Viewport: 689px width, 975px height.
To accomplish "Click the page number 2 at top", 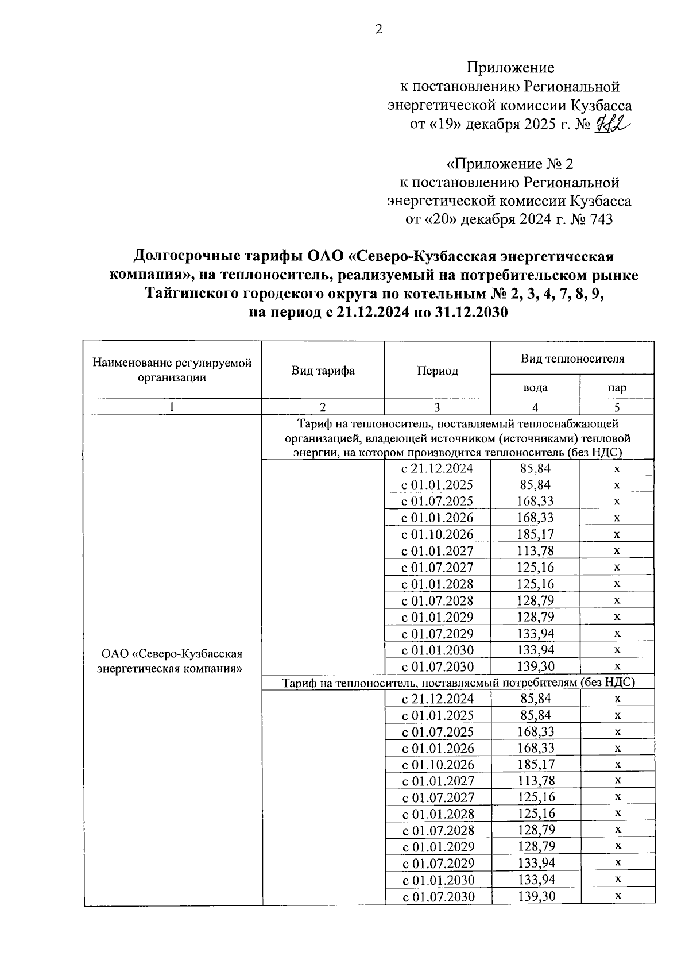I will (378, 30).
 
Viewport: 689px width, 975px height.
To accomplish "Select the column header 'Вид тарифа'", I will (323, 371).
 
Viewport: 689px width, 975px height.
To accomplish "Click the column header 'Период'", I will (438, 371).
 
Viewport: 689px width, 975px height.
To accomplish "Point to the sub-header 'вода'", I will (535, 387).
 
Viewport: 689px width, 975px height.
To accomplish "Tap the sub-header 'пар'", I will (617, 387).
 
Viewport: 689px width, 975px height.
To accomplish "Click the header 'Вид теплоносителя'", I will (572, 359).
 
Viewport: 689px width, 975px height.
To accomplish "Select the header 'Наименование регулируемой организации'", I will (172, 370).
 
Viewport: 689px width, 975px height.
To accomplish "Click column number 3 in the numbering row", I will (438, 407).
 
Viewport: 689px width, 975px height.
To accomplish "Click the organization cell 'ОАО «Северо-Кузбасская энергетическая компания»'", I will (172, 661).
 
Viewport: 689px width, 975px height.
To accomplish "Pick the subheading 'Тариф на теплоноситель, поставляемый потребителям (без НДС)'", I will (458, 683).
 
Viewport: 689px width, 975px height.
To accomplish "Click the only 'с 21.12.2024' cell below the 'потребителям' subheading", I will (438, 699).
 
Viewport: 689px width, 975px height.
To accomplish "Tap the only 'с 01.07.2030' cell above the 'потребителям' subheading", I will (438, 667).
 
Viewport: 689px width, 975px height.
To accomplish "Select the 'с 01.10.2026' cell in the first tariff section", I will (438, 534).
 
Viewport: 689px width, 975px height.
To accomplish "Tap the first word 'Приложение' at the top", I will (510, 68).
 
